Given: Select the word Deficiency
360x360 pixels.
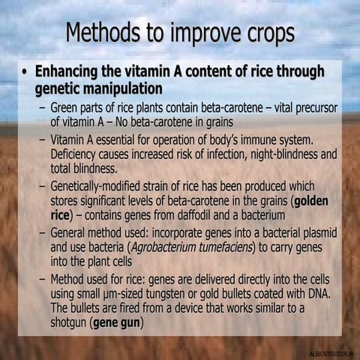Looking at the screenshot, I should pos(80,154).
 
